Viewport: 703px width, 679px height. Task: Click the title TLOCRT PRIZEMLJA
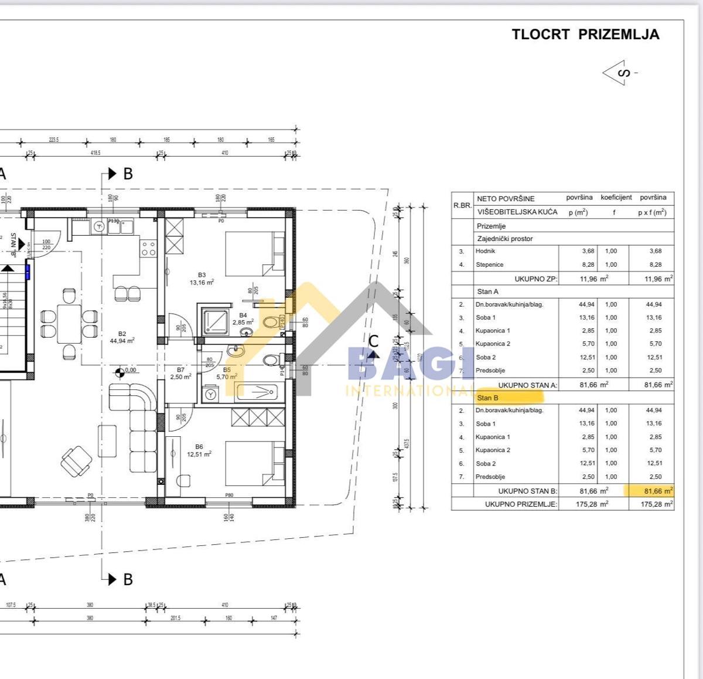pyautogui.click(x=585, y=35)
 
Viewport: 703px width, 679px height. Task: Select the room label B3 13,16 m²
pyautogui.click(x=202, y=279)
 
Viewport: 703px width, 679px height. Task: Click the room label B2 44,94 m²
pyautogui.click(x=122, y=337)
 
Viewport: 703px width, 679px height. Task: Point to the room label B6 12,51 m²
pyautogui.click(x=199, y=450)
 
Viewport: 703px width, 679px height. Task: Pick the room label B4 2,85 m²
pyautogui.click(x=243, y=319)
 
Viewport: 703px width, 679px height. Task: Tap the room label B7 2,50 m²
pyautogui.click(x=180, y=374)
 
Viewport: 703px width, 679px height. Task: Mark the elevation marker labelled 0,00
pyautogui.click(x=120, y=370)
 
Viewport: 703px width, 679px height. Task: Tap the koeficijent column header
pyautogui.click(x=616, y=198)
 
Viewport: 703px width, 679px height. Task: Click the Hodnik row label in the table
pyautogui.click(x=485, y=251)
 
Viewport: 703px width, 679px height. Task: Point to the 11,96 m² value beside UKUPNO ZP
pyautogui.click(x=593, y=279)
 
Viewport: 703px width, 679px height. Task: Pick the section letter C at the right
pyautogui.click(x=373, y=341)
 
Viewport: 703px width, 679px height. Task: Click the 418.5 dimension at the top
pyautogui.click(x=95, y=153)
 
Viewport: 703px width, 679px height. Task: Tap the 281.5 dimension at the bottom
pyautogui.click(x=175, y=618)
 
